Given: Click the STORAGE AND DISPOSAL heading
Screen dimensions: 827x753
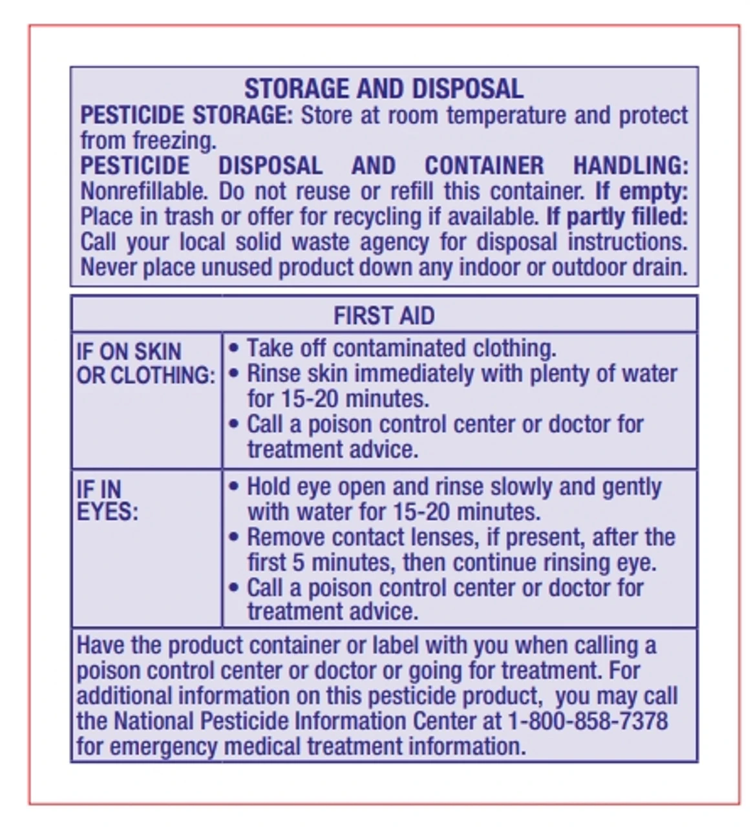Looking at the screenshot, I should point(384,89).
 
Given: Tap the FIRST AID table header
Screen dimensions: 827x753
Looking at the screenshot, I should point(384,316).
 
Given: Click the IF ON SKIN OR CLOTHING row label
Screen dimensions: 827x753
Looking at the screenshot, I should point(145,363).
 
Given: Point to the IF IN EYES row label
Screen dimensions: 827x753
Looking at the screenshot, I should point(107,500).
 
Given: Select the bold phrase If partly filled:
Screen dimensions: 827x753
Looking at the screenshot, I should point(617,216).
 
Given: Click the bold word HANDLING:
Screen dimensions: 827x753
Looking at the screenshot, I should point(630,166).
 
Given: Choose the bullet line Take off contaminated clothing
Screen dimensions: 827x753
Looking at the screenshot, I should point(401,348).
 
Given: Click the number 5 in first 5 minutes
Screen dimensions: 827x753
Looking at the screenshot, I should point(298,562).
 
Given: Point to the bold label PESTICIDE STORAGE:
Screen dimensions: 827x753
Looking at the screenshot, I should point(186,115).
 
